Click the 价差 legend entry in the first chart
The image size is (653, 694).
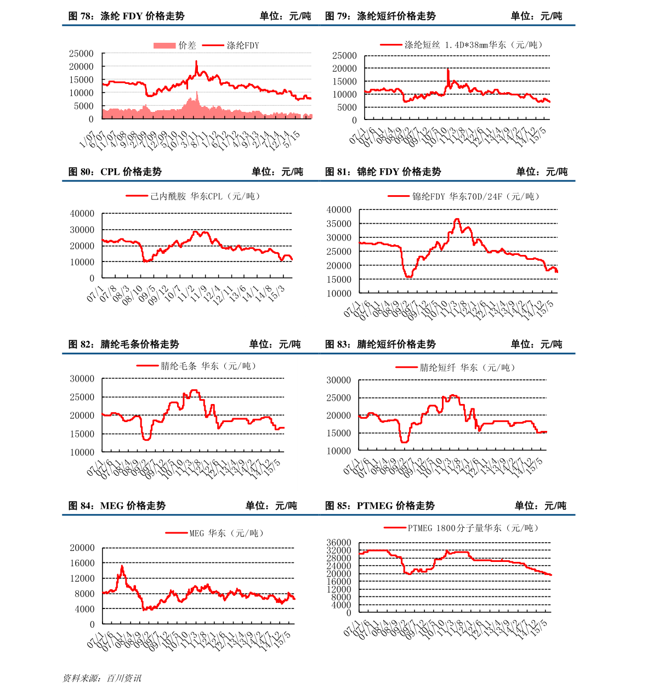[175, 45]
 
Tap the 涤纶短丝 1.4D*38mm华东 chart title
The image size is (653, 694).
[464, 45]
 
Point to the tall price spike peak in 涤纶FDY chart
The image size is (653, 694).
[196, 61]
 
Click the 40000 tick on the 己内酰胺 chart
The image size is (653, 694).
[82, 213]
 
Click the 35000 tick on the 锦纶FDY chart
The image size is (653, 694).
[338, 224]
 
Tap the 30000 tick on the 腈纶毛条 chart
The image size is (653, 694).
[82, 379]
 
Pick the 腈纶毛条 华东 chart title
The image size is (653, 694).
[197, 366]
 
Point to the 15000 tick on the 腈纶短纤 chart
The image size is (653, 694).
[338, 433]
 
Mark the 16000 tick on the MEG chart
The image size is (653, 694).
[82, 563]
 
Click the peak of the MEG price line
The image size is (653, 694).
[122, 565]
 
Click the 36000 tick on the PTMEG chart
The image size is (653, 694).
[340, 543]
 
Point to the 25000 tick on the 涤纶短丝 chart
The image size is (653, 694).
[344, 55]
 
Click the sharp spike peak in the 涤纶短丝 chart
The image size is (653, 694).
[448, 69]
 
